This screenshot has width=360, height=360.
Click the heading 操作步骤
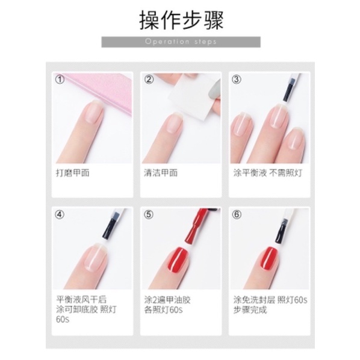coord(181,21)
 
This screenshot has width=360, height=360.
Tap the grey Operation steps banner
coord(181,42)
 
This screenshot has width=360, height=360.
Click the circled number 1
coord(60,79)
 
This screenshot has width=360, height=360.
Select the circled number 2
coord(149,79)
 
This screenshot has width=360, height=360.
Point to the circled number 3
coord(237,79)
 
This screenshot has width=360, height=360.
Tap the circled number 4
coord(60,214)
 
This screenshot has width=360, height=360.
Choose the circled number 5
coord(149,214)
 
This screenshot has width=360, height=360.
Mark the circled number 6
coord(237,214)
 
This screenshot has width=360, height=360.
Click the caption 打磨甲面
coord(73,173)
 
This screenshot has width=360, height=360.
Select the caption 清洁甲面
coord(161,173)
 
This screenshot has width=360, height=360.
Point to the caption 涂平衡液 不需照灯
coord(267,173)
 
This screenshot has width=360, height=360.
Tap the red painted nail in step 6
coord(268,258)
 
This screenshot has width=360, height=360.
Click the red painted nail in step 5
coord(179,259)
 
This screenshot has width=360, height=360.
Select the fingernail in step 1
coord(94,113)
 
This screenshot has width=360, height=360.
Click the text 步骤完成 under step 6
coord(250,310)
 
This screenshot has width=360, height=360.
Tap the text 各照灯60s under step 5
coord(164,310)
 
